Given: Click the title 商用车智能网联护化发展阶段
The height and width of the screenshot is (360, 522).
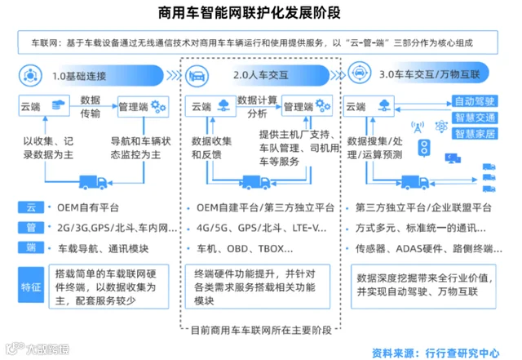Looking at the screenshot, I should pyautogui.click(x=260, y=13).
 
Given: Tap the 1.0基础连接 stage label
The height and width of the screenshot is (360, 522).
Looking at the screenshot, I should pyautogui.click(x=79, y=76).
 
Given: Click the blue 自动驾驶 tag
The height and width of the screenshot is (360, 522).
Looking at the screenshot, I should pyautogui.click(x=475, y=102).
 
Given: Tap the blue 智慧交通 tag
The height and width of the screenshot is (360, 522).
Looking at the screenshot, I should pyautogui.click(x=475, y=118).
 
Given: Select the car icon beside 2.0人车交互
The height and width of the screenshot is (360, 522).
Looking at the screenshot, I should pyautogui.click(x=197, y=77).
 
